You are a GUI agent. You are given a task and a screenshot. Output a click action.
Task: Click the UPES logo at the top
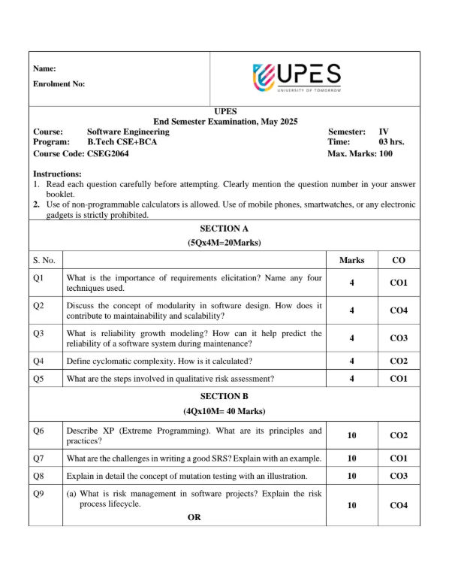click(297, 78)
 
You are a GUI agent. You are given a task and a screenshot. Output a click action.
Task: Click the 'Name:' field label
click(44, 68)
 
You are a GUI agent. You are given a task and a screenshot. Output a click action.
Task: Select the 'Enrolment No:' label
click(59, 84)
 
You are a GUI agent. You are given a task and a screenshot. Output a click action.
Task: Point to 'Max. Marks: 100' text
click(360, 153)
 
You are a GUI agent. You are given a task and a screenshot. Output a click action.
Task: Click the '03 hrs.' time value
click(391, 142)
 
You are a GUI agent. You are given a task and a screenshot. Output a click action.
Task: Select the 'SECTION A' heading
click(224, 228)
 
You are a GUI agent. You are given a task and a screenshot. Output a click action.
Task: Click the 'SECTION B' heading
click(224, 395)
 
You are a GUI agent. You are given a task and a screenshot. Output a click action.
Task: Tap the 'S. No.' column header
click(44, 260)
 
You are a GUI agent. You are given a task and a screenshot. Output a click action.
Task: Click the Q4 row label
click(39, 361)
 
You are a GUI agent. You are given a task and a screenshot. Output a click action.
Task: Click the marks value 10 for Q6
click(352, 435)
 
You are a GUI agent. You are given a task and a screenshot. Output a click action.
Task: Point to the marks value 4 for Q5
click(352, 379)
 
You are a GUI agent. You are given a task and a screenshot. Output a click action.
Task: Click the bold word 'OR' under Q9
click(194, 516)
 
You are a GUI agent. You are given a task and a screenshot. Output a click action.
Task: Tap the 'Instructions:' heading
click(57, 174)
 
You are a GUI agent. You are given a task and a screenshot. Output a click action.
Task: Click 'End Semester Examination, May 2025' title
click(225, 121)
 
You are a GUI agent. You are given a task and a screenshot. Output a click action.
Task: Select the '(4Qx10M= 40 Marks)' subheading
click(224, 411)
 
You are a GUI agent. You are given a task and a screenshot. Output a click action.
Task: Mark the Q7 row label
click(39, 458)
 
